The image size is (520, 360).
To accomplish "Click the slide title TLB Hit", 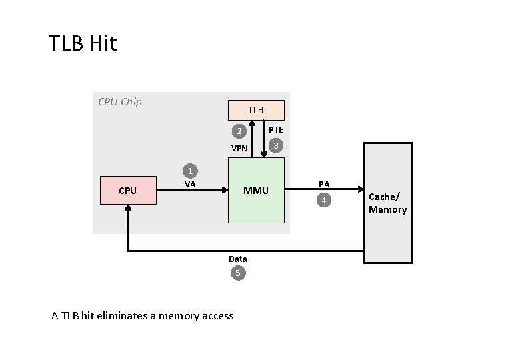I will [83, 44].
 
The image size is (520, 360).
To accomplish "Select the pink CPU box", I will [128, 191].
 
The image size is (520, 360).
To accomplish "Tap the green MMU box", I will [256, 191].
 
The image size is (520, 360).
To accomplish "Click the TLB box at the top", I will [256, 109].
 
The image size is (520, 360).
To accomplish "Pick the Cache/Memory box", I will [387, 204].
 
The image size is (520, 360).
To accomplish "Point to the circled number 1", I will [190, 171].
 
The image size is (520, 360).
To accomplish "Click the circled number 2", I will [237, 131].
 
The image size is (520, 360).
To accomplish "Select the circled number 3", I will [275, 145].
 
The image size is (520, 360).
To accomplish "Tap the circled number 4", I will [323, 200].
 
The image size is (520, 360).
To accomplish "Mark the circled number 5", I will [237, 273].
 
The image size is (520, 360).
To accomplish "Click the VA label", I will [190, 184].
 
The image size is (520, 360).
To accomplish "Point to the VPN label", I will [239, 148].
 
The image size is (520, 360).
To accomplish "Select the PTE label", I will [275, 129].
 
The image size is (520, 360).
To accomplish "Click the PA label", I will [324, 184].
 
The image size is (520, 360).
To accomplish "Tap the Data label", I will [237, 259].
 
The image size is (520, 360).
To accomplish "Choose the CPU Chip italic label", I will [120, 102].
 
